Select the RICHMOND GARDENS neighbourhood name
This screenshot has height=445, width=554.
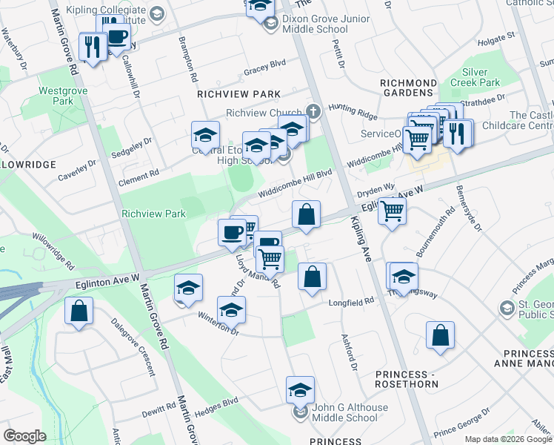(407, 88)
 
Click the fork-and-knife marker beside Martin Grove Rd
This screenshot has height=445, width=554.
(92, 48)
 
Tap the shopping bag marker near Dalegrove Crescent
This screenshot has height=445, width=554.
(79, 311)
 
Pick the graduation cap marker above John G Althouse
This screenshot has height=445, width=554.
(300, 389)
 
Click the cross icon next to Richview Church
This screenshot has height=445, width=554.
(313, 113)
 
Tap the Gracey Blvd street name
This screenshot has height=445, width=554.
(264, 73)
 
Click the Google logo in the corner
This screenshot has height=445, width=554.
(24, 436)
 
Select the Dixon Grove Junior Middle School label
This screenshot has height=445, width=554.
(315, 24)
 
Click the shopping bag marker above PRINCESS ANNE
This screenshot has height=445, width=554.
(441, 335)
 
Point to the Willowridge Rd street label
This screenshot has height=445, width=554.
(53, 253)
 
